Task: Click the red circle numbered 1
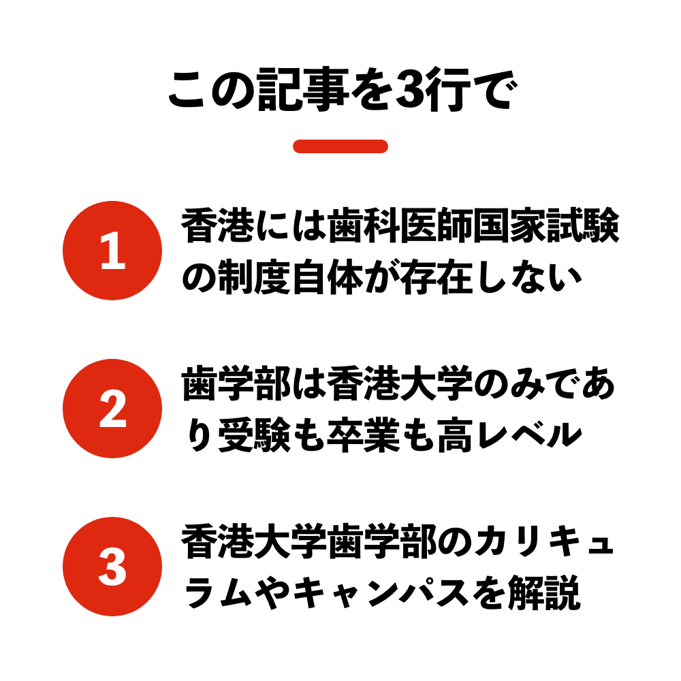click(112, 251)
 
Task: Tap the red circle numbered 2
click(112, 409)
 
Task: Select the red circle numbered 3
click(112, 567)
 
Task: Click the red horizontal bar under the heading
click(340, 146)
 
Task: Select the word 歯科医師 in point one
click(400, 225)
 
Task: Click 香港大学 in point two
click(400, 383)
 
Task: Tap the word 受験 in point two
click(254, 434)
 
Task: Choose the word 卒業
click(364, 434)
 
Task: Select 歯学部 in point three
click(382, 541)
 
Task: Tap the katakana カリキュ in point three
click(545, 541)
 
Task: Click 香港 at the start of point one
click(218, 225)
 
